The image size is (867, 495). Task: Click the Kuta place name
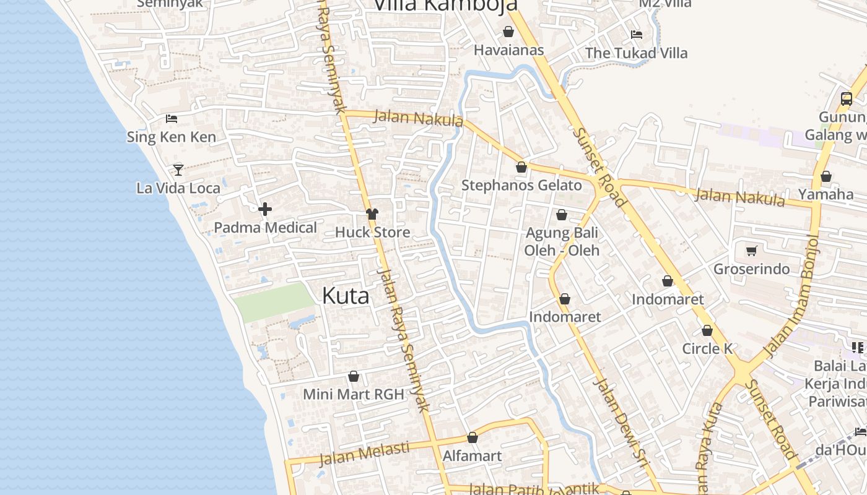tap(346, 296)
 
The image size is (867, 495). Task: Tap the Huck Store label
tap(372, 232)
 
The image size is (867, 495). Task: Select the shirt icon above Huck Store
tap(372, 214)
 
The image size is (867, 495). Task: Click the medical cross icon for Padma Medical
tap(265, 209)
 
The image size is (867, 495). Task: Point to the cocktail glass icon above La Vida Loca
tap(178, 169)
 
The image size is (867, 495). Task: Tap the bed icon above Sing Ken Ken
tap(172, 119)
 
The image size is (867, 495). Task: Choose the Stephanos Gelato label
tap(521, 185)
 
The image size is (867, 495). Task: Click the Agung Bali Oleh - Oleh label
tap(562, 241)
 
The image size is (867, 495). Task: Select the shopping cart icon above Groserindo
tap(751, 251)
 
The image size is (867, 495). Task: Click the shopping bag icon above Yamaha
tap(826, 177)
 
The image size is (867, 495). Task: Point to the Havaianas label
tap(508, 50)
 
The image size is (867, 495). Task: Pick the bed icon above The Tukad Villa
tap(636, 34)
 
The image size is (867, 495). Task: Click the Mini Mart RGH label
tap(353, 394)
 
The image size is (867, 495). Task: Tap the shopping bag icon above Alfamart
tap(473, 438)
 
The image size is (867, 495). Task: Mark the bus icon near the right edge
tap(846, 98)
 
